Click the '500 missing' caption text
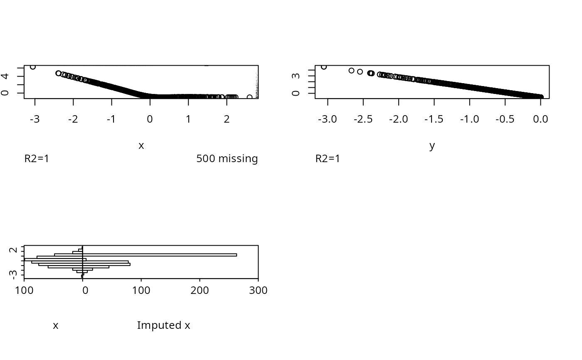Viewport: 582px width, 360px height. pyautogui.click(x=227, y=159)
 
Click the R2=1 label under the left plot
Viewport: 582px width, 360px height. pyautogui.click(x=37, y=159)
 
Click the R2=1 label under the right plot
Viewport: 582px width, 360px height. pyautogui.click(x=328, y=159)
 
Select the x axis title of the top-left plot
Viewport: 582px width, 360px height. pyautogui.click(x=141, y=145)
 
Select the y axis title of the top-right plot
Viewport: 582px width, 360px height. pyautogui.click(x=432, y=145)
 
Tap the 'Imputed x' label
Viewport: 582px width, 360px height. pyautogui.click(x=163, y=325)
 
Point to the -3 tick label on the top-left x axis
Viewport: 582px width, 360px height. pyautogui.click(x=35, y=119)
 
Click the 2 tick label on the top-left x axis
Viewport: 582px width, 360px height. pyautogui.click(x=227, y=119)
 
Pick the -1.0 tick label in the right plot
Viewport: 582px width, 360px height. pyautogui.click(x=469, y=119)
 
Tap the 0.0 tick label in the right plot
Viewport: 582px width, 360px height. pyautogui.click(x=540, y=119)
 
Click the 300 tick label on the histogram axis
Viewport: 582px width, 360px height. pyautogui.click(x=258, y=290)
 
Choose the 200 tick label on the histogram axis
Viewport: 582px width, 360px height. pyautogui.click(x=200, y=290)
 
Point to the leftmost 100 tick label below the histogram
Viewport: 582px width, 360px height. pyautogui.click(x=25, y=290)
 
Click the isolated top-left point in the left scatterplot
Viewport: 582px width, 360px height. pyautogui.click(x=33, y=67)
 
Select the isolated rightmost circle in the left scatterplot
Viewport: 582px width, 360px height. pyautogui.click(x=249, y=97)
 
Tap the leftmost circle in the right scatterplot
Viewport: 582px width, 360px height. pyautogui.click(x=324, y=67)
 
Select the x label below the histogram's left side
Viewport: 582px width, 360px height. pyautogui.click(x=55, y=325)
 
